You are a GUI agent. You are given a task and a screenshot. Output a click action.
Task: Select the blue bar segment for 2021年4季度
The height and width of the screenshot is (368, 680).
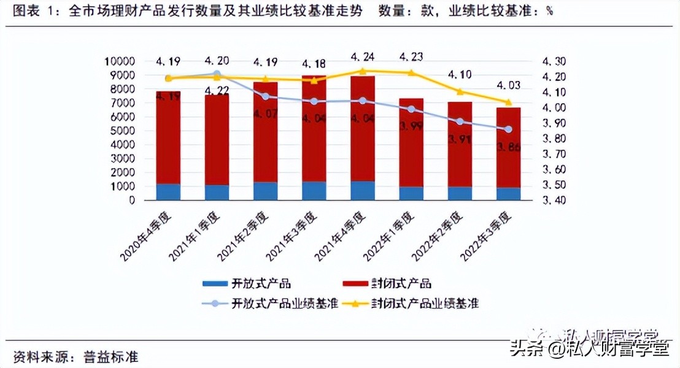[363, 190]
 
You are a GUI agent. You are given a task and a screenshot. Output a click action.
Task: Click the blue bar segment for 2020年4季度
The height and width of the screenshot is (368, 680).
[168, 192]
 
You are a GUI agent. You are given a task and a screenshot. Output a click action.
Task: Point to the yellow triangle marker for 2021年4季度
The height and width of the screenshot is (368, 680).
[363, 71]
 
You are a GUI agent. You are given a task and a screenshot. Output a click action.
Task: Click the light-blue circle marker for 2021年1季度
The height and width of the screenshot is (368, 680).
[217, 74]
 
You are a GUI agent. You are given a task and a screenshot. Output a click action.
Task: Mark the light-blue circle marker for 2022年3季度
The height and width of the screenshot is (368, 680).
[508, 129]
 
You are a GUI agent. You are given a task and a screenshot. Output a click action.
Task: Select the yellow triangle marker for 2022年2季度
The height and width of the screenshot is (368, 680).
[460, 91]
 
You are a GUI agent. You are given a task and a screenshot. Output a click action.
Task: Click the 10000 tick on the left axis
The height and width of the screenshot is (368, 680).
[119, 61]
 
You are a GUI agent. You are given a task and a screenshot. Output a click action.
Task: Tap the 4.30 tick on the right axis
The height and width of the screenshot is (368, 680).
[555, 61]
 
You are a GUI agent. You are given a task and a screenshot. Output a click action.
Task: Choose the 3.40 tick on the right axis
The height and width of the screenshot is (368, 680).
[555, 200]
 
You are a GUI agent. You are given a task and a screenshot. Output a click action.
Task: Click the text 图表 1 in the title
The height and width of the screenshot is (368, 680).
[34, 11]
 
